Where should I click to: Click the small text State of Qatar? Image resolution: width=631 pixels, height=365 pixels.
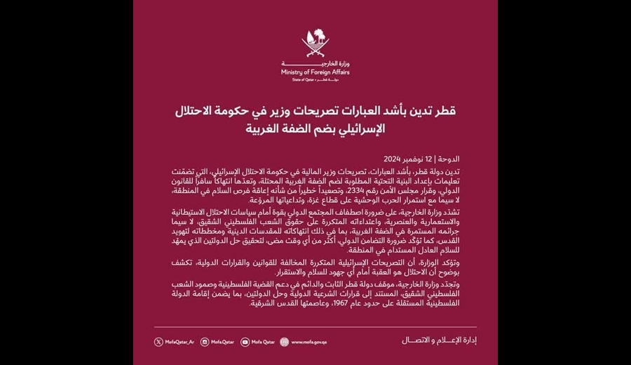click(302, 80)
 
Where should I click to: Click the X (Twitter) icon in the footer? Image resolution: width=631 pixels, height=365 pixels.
click(158, 342)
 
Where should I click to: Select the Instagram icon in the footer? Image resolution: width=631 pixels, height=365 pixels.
click(205, 342)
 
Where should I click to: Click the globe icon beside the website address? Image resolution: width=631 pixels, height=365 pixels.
click(284, 342)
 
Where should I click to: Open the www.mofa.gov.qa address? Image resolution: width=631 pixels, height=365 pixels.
click(306, 342)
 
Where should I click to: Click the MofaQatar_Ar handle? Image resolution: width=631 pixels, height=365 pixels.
click(179, 342)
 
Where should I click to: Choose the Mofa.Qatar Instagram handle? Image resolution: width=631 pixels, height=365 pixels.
click(223, 342)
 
